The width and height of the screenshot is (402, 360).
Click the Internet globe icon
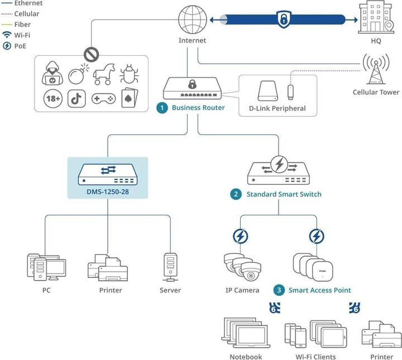point(192,20)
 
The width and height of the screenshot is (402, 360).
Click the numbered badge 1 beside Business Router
point(162,108)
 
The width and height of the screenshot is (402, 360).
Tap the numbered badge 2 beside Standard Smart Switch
point(236,194)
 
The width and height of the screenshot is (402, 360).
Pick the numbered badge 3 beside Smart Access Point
point(279,290)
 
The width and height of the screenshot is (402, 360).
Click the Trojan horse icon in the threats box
point(104,73)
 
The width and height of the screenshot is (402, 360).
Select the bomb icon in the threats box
point(77,74)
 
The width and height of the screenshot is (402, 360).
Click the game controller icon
point(103,99)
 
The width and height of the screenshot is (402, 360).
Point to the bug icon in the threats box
point(129,73)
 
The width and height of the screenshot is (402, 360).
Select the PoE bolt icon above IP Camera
point(241,237)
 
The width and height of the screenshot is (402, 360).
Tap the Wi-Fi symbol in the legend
point(7,35)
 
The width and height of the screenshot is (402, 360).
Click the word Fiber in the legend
point(22,25)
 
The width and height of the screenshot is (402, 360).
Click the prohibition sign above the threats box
point(91,55)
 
